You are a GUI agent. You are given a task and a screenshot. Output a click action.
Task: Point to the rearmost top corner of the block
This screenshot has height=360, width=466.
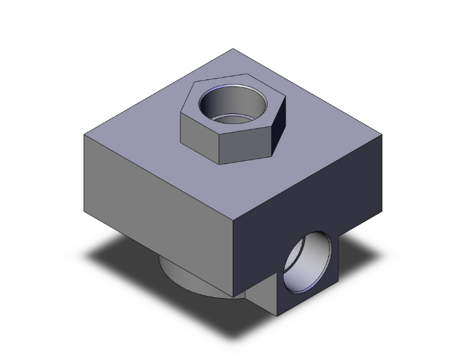coord(233,48)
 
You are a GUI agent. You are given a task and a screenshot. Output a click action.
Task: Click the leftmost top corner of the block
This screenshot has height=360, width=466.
coord(85,134)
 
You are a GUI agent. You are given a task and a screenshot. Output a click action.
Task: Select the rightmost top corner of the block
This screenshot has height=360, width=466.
coord(381,133)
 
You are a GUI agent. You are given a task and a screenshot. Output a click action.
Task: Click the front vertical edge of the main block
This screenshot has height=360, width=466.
coord(233,260)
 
